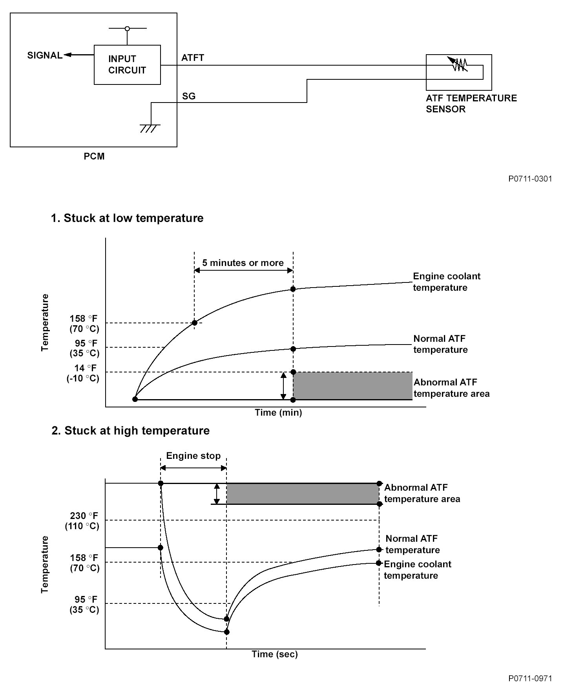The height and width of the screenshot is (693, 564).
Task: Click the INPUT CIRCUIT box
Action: click(x=127, y=65)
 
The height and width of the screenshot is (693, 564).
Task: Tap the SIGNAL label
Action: click(x=45, y=55)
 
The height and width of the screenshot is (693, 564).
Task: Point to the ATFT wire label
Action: click(x=193, y=58)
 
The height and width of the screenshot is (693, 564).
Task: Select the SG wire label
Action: click(x=189, y=96)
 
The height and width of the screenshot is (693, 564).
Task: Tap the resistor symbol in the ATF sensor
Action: click(x=458, y=64)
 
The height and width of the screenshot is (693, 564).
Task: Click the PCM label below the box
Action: click(x=94, y=156)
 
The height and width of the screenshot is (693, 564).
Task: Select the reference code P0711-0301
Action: click(x=530, y=179)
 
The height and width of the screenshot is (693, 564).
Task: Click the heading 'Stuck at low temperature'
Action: click(x=127, y=218)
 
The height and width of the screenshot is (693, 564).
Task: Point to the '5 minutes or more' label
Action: click(x=243, y=263)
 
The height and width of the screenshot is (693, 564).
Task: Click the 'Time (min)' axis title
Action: click(x=278, y=412)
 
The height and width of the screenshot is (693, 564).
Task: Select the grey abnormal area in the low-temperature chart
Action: click(x=352, y=386)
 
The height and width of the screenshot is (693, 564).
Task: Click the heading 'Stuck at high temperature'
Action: click(x=131, y=431)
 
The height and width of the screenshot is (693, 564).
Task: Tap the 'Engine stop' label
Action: click(x=193, y=456)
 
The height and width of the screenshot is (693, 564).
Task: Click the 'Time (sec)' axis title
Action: click(x=275, y=654)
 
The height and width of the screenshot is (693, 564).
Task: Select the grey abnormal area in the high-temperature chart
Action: click(x=302, y=494)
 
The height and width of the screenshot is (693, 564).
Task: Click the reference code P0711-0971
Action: click(x=530, y=678)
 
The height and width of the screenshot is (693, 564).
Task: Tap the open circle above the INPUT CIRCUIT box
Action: click(x=127, y=28)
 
